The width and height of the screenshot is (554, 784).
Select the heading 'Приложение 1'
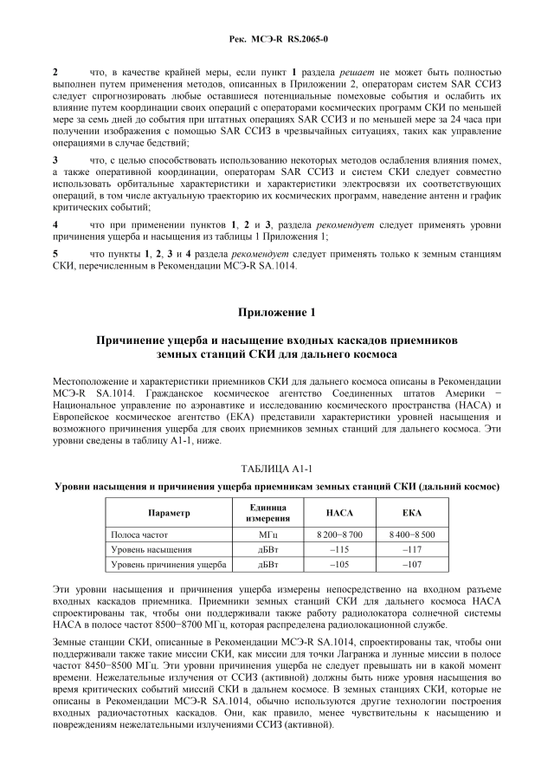click(276, 312)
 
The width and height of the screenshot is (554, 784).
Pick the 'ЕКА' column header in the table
click(412, 513)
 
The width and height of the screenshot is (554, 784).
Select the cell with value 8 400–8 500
click(412, 535)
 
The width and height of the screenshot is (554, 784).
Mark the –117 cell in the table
click(412, 550)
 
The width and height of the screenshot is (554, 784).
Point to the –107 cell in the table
click(412, 566)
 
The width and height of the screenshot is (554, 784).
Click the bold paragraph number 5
click(55, 255)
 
